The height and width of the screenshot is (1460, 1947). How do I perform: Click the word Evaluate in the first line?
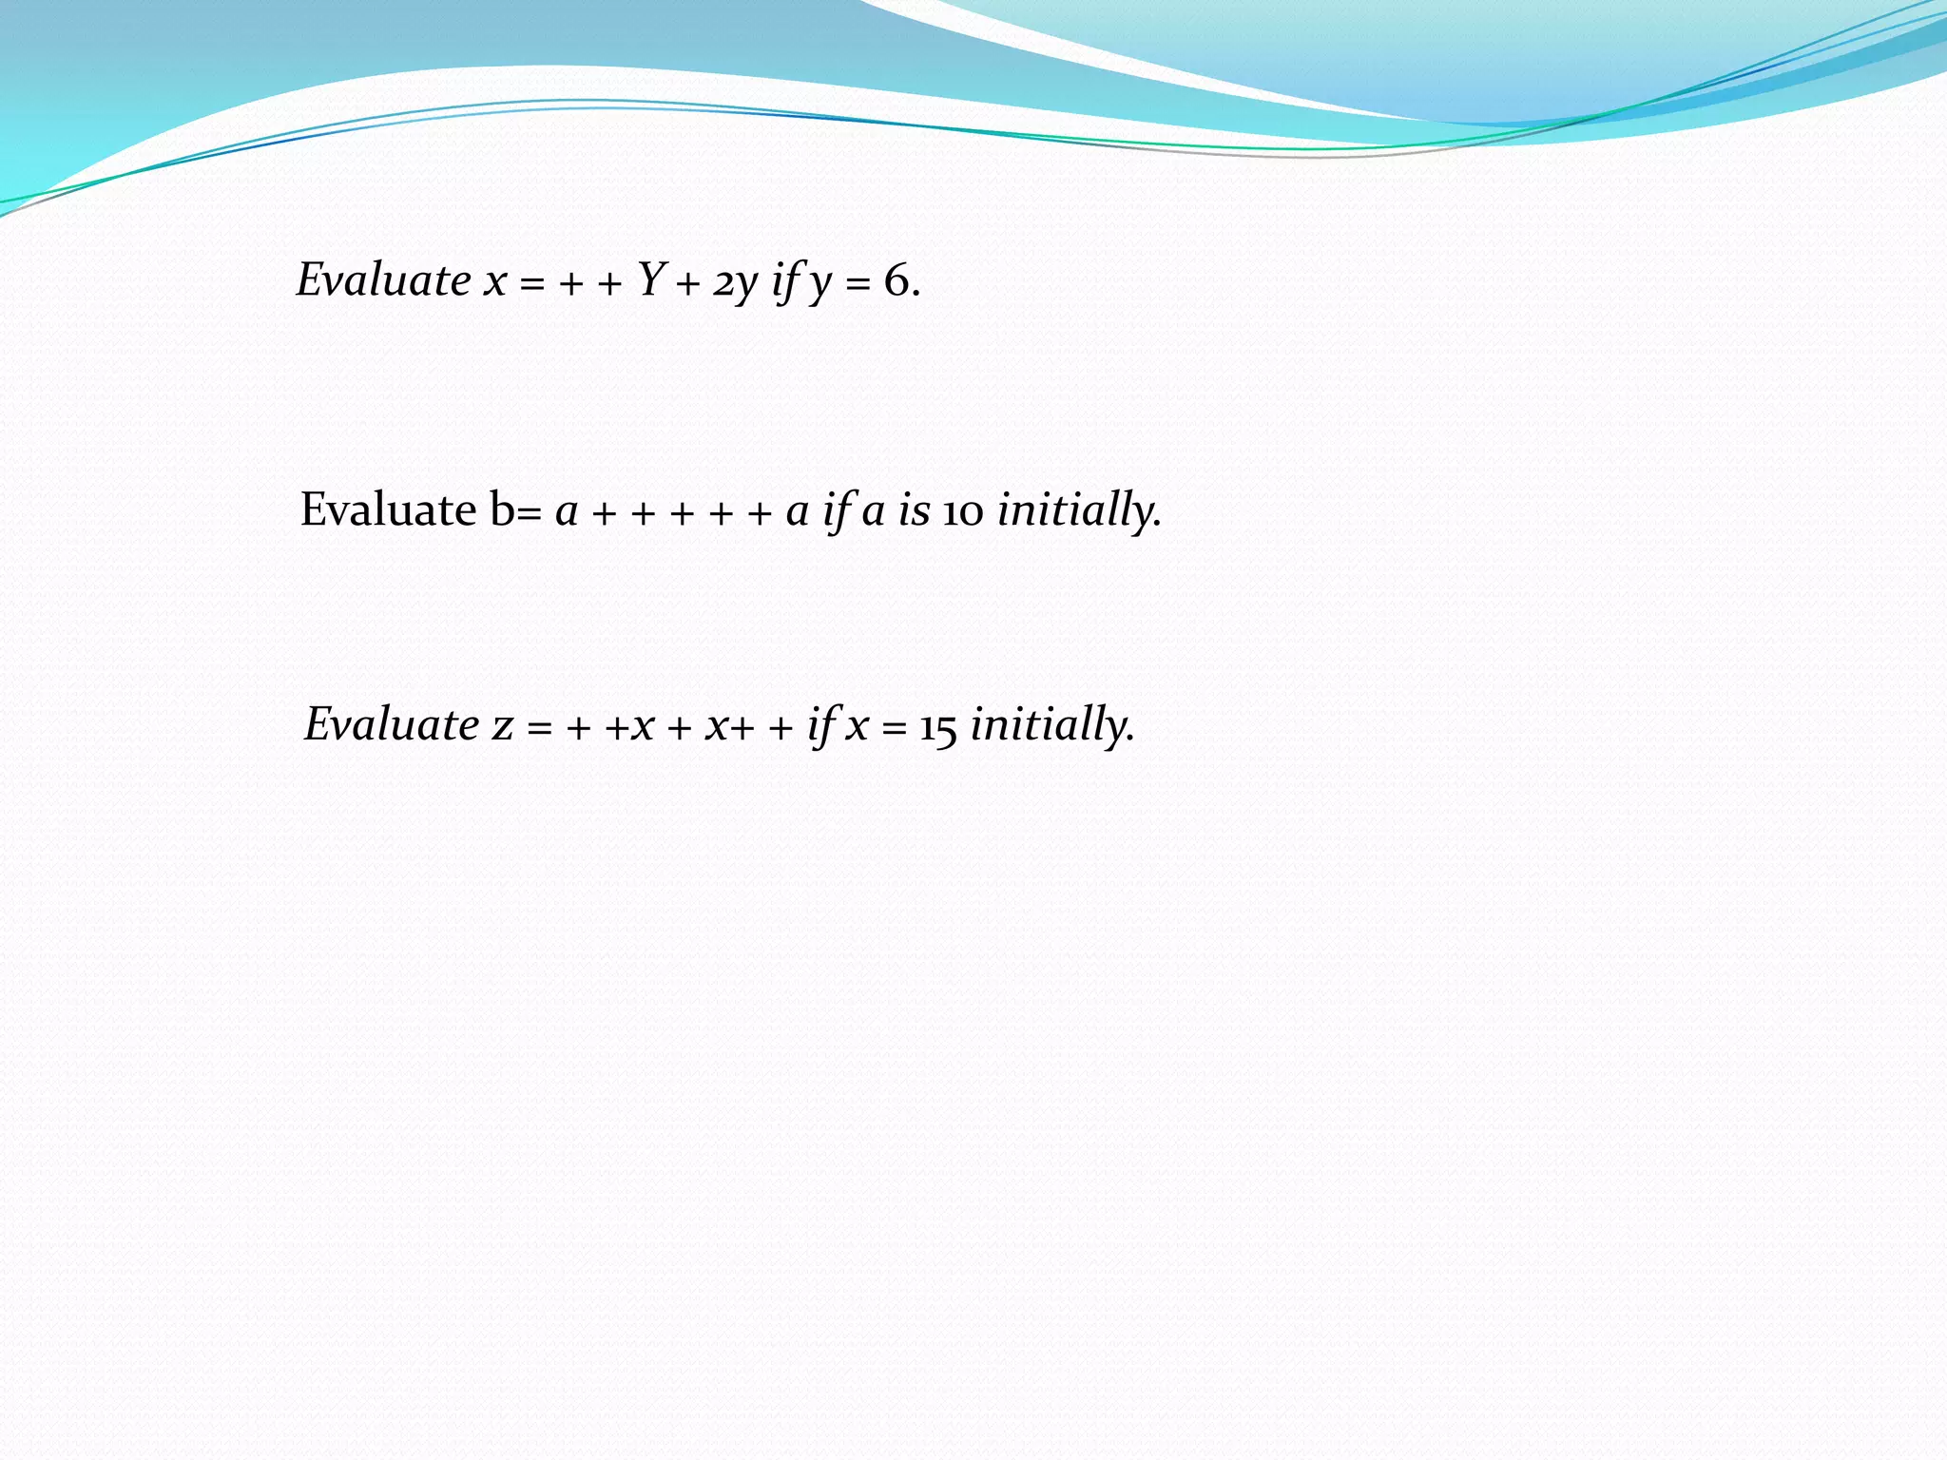383,280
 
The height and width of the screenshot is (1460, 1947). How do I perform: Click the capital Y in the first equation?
650,279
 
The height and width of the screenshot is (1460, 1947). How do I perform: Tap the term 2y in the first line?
735,283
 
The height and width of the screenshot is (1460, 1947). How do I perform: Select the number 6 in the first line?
896,280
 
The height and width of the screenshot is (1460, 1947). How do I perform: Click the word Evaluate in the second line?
388,509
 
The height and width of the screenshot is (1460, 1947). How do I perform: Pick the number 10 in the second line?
963,512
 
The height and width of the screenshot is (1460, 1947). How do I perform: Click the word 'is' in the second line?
914,510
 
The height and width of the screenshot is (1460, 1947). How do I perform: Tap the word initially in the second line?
1078,510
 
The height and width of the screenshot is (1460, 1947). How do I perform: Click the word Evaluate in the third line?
392,724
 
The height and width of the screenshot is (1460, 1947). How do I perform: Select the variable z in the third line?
502,727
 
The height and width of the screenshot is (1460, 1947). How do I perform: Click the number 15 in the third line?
937,728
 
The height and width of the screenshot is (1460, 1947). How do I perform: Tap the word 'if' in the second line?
836,511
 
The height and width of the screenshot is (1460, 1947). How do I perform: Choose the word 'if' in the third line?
820,726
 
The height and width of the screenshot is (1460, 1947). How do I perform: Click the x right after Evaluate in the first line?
494,283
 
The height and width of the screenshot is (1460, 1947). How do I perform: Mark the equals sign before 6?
858,283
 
